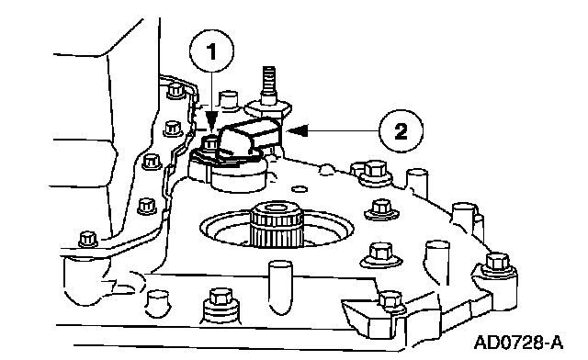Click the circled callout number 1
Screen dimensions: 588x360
[212, 51]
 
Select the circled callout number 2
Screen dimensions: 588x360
[401, 131]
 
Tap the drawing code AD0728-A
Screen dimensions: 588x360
[518, 343]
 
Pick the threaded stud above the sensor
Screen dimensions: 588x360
[268, 84]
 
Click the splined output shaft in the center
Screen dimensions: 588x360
[277, 224]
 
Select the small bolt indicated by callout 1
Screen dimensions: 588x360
[210, 145]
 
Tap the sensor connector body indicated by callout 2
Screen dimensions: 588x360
[252, 138]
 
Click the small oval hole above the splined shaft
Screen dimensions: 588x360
[300, 188]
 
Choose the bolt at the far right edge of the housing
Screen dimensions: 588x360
[497, 264]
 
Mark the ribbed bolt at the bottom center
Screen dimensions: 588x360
[220, 305]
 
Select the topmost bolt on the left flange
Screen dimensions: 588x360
[175, 91]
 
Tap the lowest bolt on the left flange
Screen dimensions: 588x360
[88, 240]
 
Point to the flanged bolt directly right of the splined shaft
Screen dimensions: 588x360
[381, 209]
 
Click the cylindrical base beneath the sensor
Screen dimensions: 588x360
[239, 178]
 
